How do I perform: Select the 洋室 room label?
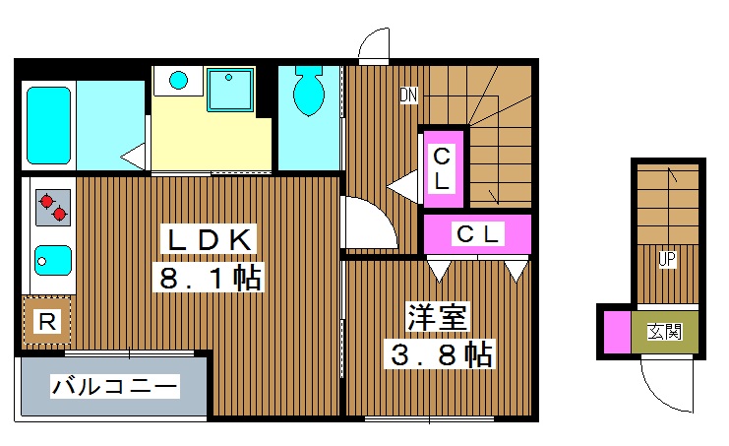click(x=439, y=317)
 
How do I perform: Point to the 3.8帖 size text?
click(x=438, y=353)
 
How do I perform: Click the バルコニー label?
click(x=115, y=386)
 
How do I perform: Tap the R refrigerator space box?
click(x=45, y=321)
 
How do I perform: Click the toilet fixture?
click(x=309, y=90)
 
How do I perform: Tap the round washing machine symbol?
click(x=179, y=79)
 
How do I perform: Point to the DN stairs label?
click(x=409, y=96)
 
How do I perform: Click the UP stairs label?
click(x=666, y=259)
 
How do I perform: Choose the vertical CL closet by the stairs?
click(x=442, y=168)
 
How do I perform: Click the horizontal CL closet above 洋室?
click(x=477, y=234)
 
